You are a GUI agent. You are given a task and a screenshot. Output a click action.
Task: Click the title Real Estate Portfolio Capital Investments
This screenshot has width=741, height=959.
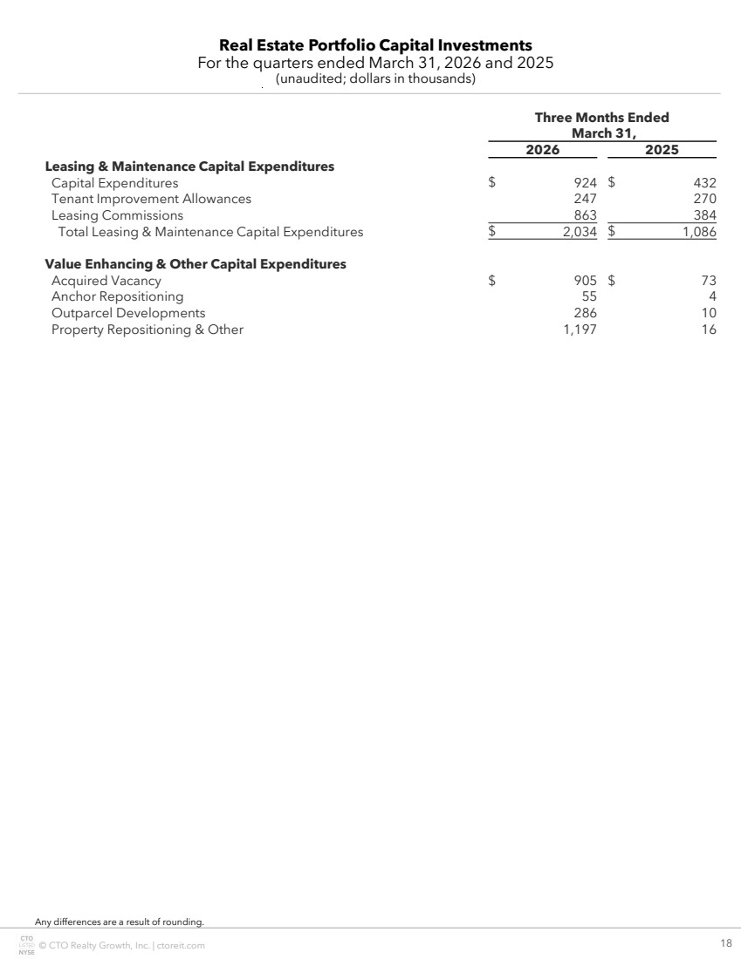click(x=375, y=45)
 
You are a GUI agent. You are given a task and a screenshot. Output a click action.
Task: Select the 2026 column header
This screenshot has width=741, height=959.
click(x=542, y=149)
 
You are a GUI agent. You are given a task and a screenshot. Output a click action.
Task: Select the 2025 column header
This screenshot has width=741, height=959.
click(x=662, y=149)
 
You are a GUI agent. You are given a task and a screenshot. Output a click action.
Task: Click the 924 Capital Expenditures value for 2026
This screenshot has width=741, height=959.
click(x=585, y=183)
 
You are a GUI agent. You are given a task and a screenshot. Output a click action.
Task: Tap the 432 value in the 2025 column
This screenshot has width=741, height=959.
click(x=703, y=183)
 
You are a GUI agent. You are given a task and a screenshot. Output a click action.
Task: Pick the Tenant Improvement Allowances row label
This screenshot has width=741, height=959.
click(x=151, y=199)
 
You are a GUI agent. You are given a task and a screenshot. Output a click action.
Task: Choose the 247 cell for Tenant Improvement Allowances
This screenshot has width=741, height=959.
click(x=585, y=199)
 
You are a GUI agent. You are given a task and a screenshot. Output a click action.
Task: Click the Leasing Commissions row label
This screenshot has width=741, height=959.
click(x=117, y=215)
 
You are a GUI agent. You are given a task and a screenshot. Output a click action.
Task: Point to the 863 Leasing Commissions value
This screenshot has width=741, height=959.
click(x=585, y=215)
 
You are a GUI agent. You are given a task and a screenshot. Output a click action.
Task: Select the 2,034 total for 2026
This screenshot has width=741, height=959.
click(x=580, y=232)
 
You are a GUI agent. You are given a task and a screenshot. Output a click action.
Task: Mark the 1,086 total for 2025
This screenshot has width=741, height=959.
click(x=698, y=232)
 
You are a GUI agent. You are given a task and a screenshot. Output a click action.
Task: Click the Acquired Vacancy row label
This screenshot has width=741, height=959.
click(x=106, y=281)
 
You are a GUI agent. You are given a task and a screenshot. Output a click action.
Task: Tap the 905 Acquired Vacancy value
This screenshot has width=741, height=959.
click(x=585, y=281)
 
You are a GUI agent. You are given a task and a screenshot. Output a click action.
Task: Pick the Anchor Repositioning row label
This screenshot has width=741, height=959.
click(x=117, y=296)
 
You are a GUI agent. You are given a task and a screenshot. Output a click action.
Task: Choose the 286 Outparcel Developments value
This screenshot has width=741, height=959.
click(x=585, y=313)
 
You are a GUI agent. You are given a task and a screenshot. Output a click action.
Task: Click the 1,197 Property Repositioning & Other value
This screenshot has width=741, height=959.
click(x=580, y=330)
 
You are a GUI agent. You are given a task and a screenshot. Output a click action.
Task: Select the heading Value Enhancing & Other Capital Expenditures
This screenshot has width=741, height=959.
click(x=196, y=264)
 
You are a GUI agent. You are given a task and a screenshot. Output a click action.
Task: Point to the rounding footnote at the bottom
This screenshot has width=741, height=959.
click(x=119, y=922)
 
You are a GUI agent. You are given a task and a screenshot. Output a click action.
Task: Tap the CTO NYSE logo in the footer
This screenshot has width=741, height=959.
click(x=26, y=945)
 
